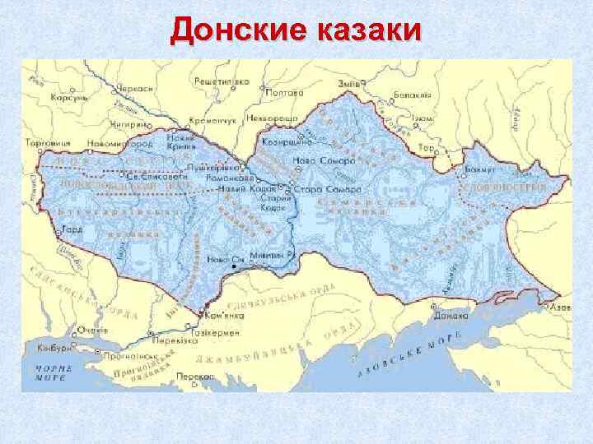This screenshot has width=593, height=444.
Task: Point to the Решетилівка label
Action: pos(222,82)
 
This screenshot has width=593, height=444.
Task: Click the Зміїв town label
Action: pos(348,84)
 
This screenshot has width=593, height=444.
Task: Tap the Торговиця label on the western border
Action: pos(47,142)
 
